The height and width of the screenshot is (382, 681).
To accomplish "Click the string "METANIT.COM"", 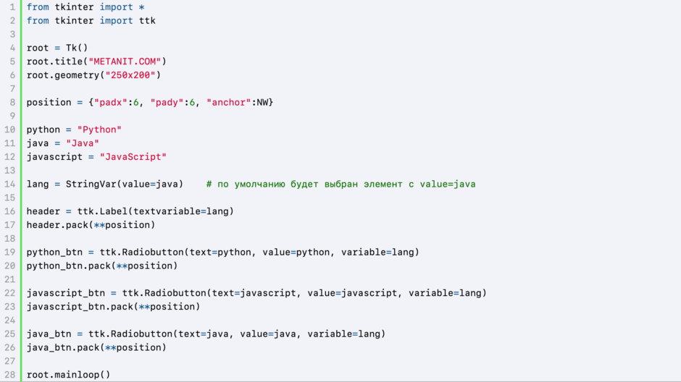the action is click(125, 61).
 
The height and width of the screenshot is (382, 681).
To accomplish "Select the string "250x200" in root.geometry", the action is click(130, 75).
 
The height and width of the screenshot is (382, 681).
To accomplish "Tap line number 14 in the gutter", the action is click(10, 184).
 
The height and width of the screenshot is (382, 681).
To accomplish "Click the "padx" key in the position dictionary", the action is click(111, 102).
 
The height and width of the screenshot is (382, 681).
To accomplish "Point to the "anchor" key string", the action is click(229, 102).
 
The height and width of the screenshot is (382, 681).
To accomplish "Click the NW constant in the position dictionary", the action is click(262, 102).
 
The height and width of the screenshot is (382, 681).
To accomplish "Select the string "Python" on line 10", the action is click(99, 130).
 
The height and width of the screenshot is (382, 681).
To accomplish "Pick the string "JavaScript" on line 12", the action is click(133, 157).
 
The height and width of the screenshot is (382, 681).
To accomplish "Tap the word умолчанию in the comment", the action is click(259, 184).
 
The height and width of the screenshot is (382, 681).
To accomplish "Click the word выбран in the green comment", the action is click(341, 184).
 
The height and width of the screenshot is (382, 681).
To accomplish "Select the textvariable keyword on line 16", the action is click(167, 211).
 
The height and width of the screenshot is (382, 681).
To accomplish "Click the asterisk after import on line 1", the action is click(141, 7).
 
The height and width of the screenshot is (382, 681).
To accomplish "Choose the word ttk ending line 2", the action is click(147, 21).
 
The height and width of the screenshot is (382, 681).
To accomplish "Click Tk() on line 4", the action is click(77, 48).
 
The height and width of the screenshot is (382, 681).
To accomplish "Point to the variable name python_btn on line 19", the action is click(54, 252).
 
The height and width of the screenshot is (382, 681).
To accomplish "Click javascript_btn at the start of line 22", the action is click(66, 293).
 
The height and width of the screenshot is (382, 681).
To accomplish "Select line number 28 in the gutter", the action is click(10, 375).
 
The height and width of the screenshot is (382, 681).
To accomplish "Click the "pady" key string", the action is click(167, 102).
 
